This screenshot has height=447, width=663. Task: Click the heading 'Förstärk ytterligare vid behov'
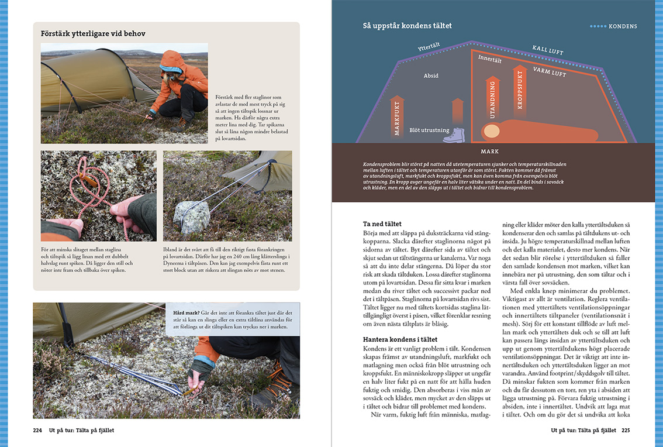(x=93, y=33)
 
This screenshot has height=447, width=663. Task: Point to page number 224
(x=37, y=430)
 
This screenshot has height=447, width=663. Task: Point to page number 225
(x=625, y=430)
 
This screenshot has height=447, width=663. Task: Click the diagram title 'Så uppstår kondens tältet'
(x=407, y=26)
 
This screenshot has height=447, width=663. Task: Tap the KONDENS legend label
(x=622, y=26)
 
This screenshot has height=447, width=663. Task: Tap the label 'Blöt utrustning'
(x=429, y=130)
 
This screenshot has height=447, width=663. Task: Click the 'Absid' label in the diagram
(x=431, y=76)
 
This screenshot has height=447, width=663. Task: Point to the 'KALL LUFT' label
(x=548, y=50)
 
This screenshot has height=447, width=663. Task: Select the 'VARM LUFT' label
(x=550, y=73)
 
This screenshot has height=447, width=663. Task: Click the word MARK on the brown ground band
(x=489, y=151)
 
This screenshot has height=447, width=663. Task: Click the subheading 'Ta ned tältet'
(x=382, y=223)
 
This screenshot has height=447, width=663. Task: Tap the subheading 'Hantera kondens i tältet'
(x=400, y=339)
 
